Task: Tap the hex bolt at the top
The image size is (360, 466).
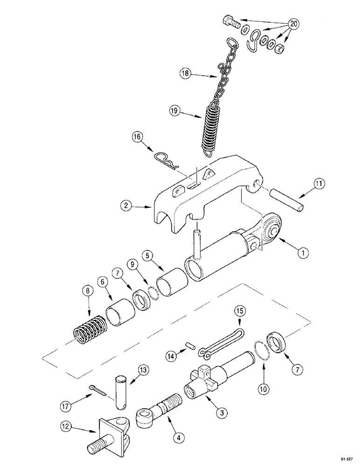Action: click(x=231, y=21)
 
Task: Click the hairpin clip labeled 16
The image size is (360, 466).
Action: click(x=168, y=161)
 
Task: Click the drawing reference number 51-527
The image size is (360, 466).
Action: click(x=346, y=459)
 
